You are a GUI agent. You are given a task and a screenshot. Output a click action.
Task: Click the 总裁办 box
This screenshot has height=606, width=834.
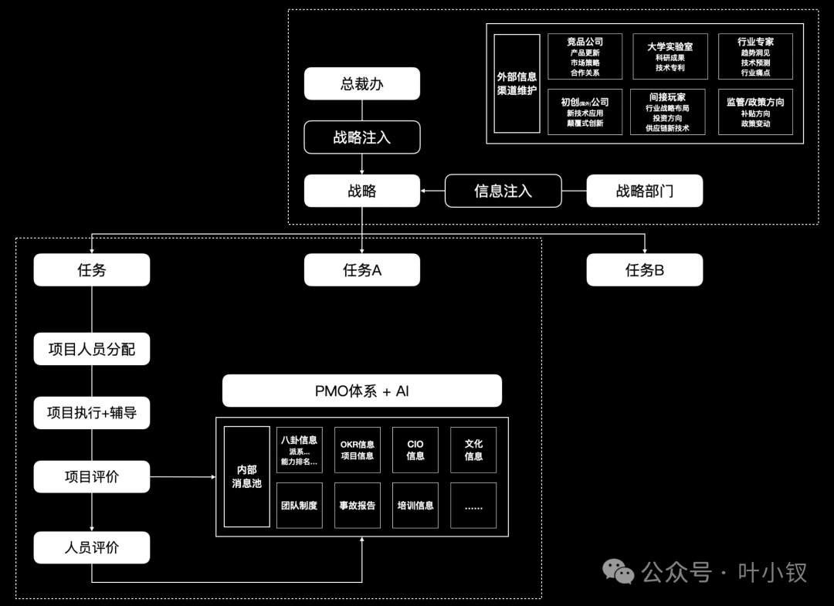click(x=361, y=83)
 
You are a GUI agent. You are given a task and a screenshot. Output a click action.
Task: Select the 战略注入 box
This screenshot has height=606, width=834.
click(x=361, y=137)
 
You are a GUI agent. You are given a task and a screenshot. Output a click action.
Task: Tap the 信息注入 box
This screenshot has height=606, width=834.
click(x=503, y=191)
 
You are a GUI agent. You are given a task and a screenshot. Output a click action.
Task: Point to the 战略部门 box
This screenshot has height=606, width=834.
click(x=644, y=191)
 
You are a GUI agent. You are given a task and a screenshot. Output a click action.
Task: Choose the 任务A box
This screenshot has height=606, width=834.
click(x=361, y=270)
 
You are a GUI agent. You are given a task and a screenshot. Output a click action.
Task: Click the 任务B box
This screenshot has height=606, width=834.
click(x=644, y=270)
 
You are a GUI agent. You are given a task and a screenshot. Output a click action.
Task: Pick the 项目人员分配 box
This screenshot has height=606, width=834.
click(x=91, y=350)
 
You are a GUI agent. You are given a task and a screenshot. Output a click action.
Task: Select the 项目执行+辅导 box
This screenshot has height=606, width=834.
click(x=91, y=413)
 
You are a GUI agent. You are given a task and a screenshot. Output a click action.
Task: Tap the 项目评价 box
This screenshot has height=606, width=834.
click(x=91, y=476)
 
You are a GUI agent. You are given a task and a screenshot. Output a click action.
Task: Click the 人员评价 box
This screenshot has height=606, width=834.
click(x=91, y=547)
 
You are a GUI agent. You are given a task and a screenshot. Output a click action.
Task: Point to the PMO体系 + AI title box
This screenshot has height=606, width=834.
click(x=361, y=391)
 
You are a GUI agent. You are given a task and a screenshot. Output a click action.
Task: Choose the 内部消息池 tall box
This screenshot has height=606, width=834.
click(x=246, y=476)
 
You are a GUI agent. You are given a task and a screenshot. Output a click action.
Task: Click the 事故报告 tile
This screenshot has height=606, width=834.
click(x=357, y=506)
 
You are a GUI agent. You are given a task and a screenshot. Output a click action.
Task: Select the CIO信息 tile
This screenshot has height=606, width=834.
click(x=415, y=450)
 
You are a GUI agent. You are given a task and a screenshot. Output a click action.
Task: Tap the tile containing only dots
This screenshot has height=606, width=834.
click(x=473, y=506)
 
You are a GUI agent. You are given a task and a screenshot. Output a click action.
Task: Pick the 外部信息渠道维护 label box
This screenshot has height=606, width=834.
click(x=517, y=83)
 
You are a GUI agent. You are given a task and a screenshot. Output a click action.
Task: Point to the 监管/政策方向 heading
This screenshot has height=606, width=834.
click(x=755, y=102)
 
